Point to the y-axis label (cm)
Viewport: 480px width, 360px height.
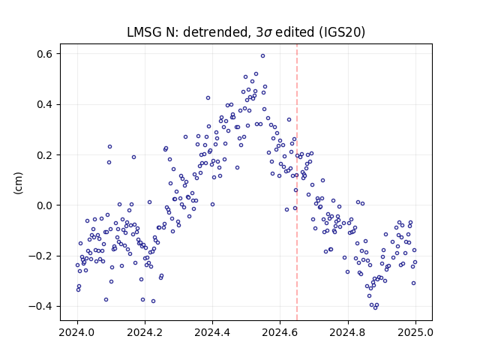[x=18, y=183]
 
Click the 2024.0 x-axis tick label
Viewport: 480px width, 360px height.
[x=77, y=332]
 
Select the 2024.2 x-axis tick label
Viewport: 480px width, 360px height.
[x=145, y=332]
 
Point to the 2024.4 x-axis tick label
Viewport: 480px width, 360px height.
[x=212, y=332]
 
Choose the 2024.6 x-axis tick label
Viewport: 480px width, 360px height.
[x=280, y=332]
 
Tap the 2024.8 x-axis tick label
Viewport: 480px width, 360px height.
[x=347, y=332]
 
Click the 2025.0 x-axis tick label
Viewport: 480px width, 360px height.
[x=415, y=332]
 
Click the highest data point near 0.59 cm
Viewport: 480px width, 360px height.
[x=262, y=56]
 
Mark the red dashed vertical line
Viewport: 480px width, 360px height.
[x=297, y=182]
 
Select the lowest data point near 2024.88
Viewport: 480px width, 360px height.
[x=375, y=308]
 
